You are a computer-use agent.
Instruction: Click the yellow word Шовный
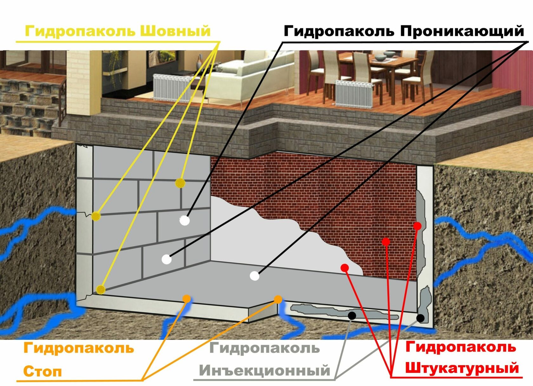click(175, 31)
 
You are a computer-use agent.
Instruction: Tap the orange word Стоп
click(43, 371)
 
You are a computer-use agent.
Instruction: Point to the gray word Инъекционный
click(265, 370)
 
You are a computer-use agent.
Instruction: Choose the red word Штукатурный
click(462, 368)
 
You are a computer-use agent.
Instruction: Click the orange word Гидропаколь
click(79, 348)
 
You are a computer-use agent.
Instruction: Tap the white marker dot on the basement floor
click(254, 276)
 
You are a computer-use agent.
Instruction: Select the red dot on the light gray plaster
click(345, 268)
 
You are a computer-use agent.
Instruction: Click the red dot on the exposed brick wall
click(386, 242)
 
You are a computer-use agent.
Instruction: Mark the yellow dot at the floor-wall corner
click(101, 289)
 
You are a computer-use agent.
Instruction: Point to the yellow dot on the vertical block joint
click(180, 183)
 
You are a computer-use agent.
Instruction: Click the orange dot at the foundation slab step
click(278, 299)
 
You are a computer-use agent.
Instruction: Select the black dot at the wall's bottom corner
click(420, 318)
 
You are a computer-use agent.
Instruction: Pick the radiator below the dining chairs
click(354, 94)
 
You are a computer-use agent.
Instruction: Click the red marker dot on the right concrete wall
click(418, 226)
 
